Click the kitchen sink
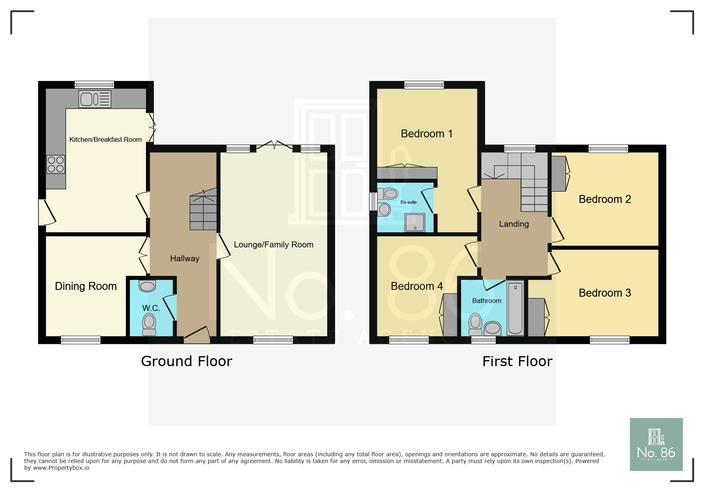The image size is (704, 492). pyautogui.click(x=95, y=99)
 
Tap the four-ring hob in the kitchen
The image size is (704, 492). pyautogui.click(x=56, y=164)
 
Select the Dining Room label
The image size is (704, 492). pyautogui.click(x=86, y=286)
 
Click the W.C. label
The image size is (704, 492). pyautogui.click(x=151, y=308)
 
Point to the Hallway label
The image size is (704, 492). pyautogui.click(x=185, y=259)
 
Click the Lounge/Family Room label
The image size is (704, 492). pyautogui.click(x=273, y=245)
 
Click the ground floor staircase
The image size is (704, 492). pyautogui.click(x=203, y=209)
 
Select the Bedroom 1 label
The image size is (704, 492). pyautogui.click(x=427, y=134)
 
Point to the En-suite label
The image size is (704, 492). pyautogui.click(x=409, y=202)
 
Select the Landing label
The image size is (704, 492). pyautogui.click(x=514, y=224)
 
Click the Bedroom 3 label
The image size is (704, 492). pyautogui.click(x=605, y=293)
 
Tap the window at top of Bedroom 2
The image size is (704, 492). pyautogui.click(x=608, y=149)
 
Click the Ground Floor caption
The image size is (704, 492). pyautogui.click(x=186, y=361)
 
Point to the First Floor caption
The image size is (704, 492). pyautogui.click(x=517, y=361)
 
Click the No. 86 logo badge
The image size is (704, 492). pyautogui.click(x=656, y=444)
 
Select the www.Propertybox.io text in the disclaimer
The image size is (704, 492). pyautogui.click(x=61, y=468)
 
